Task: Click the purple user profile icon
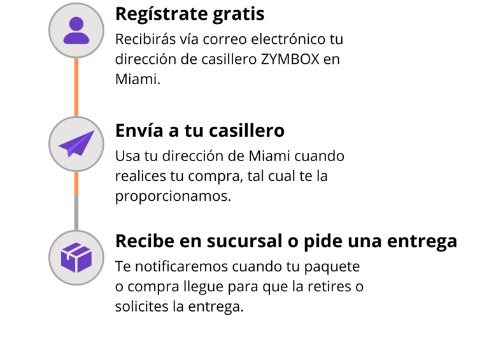click(x=76, y=30)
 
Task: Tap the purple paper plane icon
click(x=76, y=143)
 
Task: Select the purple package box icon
click(x=76, y=257)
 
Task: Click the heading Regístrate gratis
click(x=190, y=13)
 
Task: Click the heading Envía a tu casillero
click(x=199, y=131)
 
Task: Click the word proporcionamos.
click(x=173, y=196)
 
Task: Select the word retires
click(x=332, y=286)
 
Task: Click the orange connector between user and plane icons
click(x=76, y=87)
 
